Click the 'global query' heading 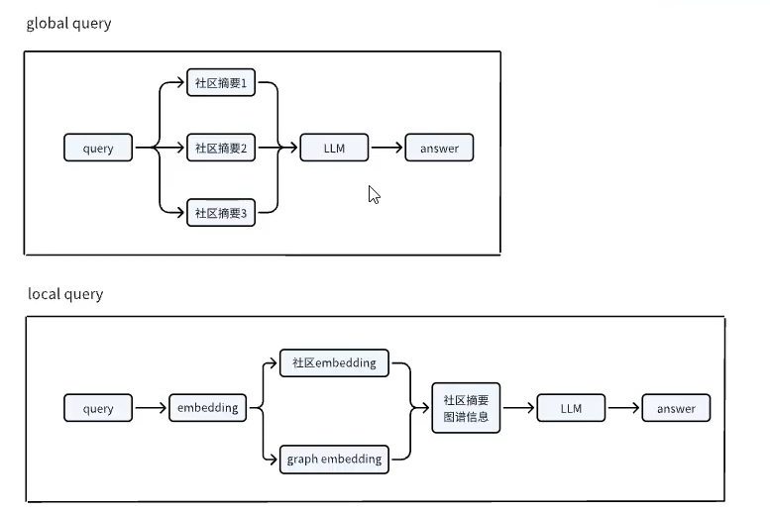(68, 24)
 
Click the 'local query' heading (65, 294)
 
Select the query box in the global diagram (98, 149)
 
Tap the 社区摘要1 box (220, 83)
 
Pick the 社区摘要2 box (220, 149)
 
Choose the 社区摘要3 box (220, 213)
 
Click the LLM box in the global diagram (334, 149)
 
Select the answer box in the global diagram (439, 149)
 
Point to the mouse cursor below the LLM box (374, 194)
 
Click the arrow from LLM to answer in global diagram (386, 149)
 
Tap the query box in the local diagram (98, 408)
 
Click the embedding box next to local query (207, 408)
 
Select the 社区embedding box (334, 362)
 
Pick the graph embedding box (334, 460)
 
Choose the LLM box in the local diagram (571, 408)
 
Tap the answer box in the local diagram (676, 408)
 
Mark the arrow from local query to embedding (151, 408)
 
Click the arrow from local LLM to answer (623, 408)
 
